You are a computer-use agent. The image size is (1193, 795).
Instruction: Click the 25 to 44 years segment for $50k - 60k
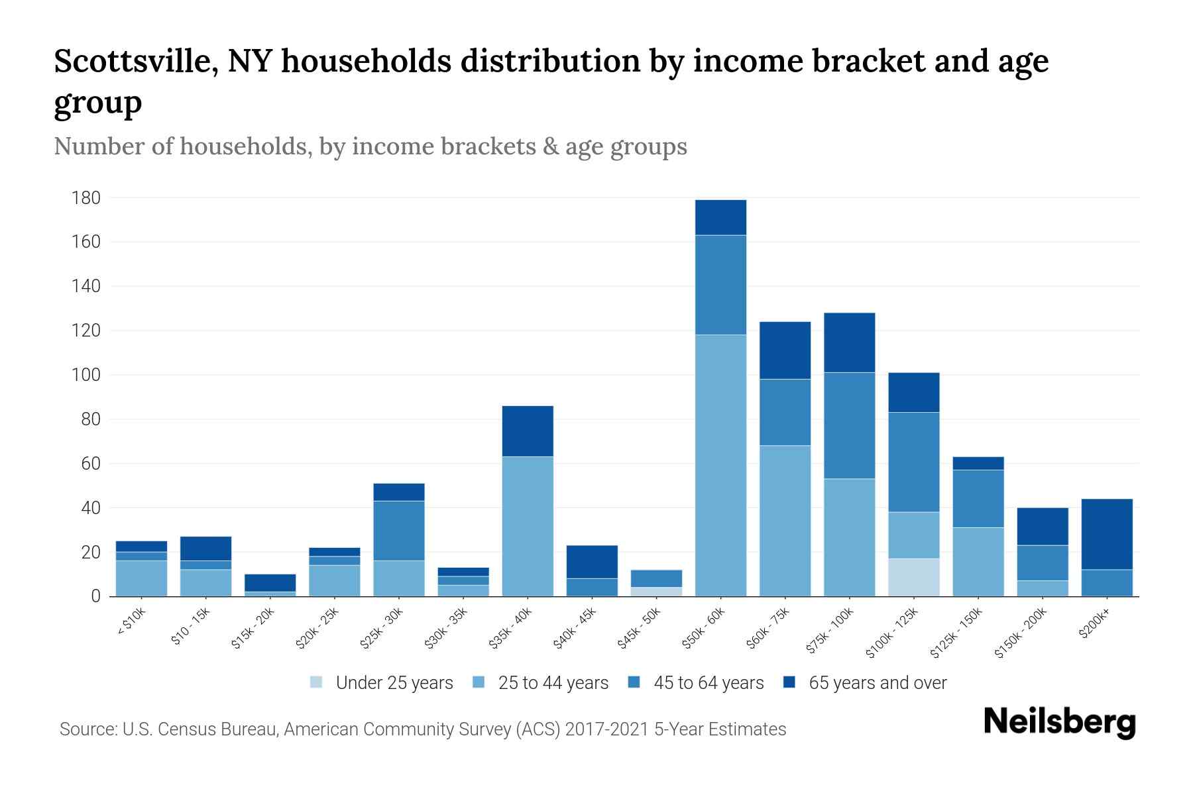tap(720, 465)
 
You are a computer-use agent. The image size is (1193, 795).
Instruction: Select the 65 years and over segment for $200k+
tap(1106, 534)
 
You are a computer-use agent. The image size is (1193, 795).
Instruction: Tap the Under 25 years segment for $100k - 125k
tap(913, 577)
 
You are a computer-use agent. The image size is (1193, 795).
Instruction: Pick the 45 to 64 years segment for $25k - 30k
tap(398, 531)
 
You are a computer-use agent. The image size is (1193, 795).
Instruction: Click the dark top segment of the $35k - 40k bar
tap(528, 431)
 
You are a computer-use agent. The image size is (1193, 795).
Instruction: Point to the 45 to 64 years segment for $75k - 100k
tap(849, 425)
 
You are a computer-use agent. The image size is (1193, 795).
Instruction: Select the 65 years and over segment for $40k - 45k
tap(592, 562)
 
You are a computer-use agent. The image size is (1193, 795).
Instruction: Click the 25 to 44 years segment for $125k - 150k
tap(978, 562)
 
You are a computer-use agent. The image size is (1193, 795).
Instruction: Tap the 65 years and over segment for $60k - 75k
tap(785, 350)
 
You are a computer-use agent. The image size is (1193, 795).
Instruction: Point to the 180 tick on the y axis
tap(86, 198)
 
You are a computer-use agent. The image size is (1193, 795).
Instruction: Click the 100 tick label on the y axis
tap(86, 375)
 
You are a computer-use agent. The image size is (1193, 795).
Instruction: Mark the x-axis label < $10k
tap(132, 623)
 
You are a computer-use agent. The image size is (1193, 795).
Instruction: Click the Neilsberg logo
tap(1059, 722)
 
